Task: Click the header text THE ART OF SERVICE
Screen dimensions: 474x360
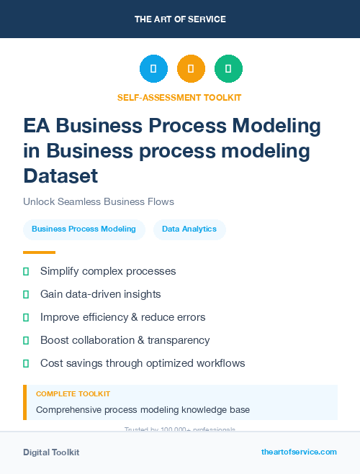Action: click(x=180, y=19)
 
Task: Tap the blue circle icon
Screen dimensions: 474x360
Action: click(x=153, y=69)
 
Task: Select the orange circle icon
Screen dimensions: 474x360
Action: click(x=191, y=69)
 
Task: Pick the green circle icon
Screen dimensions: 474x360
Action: click(x=228, y=69)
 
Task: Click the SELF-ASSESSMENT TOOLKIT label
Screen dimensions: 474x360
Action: click(x=180, y=97)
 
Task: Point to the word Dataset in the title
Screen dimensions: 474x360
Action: click(x=60, y=175)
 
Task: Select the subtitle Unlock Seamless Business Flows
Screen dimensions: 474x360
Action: click(x=99, y=201)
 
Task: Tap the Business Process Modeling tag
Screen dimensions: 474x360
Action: click(x=84, y=229)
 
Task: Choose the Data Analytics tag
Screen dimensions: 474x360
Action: click(x=189, y=229)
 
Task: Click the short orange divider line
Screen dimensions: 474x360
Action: click(x=39, y=252)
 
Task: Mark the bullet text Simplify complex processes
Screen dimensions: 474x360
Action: click(x=108, y=271)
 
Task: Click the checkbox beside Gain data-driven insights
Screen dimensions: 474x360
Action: click(x=26, y=294)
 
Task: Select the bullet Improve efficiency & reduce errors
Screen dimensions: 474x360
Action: click(x=122, y=317)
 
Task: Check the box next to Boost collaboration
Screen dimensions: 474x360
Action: click(x=26, y=340)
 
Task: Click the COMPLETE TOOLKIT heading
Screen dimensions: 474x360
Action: click(x=73, y=394)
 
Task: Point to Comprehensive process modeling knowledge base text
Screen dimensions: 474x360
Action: click(x=143, y=410)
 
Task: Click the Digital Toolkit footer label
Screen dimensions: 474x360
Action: click(x=51, y=452)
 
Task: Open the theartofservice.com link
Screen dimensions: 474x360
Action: click(x=299, y=452)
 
